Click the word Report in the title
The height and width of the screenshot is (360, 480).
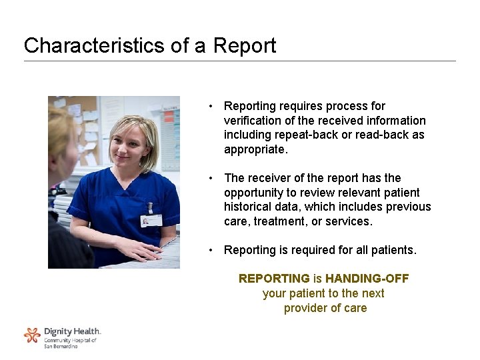pyautogui.click(x=245, y=45)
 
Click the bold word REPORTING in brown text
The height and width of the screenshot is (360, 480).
pyautogui.click(x=274, y=278)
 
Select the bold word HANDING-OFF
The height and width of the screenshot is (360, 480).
pyautogui.click(x=367, y=278)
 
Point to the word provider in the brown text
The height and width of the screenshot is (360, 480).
pyautogui.click(x=305, y=308)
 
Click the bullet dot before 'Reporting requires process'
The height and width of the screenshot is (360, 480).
pyautogui.click(x=210, y=106)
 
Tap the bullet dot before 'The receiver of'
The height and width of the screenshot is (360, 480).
pyautogui.click(x=210, y=178)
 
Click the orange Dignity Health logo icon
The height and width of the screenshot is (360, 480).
pyautogui.click(x=32, y=335)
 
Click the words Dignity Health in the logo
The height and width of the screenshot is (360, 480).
pyautogui.click(x=72, y=331)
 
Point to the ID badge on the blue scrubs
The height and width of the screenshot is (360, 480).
pyautogui.click(x=151, y=220)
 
